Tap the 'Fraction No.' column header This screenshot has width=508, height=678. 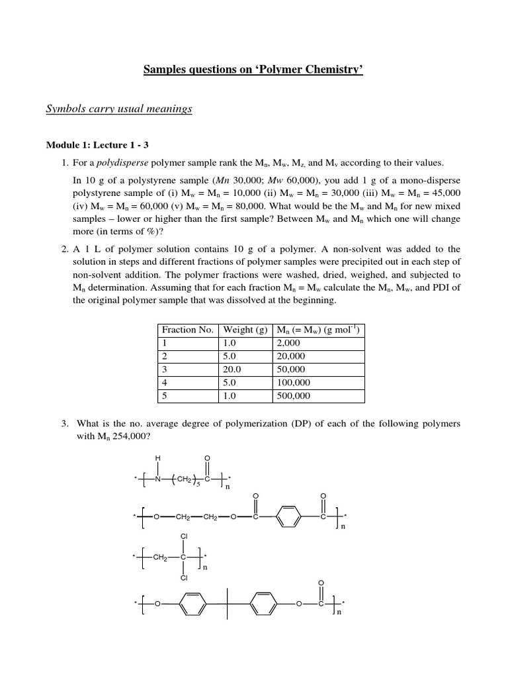click(x=187, y=330)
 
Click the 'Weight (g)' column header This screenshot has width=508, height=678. click(x=245, y=330)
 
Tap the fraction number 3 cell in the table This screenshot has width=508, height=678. click(x=165, y=369)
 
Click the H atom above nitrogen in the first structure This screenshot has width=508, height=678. click(x=157, y=458)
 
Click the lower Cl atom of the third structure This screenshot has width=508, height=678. click(x=183, y=578)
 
